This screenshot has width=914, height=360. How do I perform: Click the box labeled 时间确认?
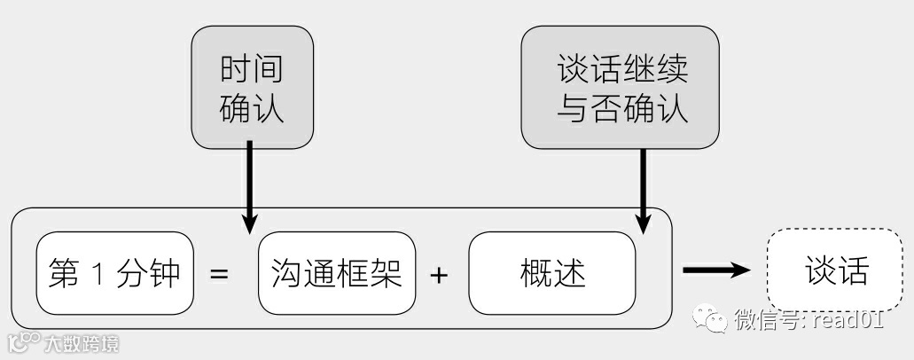tap(253, 86)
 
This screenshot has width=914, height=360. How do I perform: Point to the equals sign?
tap(219, 275)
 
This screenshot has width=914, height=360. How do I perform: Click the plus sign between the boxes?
tap(438, 275)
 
